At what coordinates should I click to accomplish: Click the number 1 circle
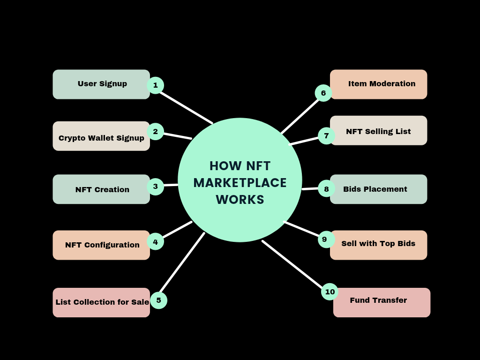click(155, 85)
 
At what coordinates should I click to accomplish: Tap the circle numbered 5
click(158, 300)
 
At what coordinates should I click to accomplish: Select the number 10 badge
click(330, 292)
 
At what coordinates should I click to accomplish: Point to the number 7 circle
click(326, 136)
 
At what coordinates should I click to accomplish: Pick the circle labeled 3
click(155, 187)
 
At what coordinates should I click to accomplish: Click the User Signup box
click(101, 84)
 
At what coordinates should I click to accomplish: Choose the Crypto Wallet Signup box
click(101, 136)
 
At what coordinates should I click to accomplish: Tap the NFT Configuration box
click(101, 245)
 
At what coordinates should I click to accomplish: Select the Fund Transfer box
click(382, 302)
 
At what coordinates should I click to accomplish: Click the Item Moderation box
click(379, 84)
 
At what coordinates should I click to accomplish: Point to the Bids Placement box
click(379, 189)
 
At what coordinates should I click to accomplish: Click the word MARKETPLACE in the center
click(240, 183)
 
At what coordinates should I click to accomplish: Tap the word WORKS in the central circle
click(240, 199)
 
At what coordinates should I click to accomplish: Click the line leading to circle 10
click(292, 263)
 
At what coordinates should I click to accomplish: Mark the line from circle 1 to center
click(186, 107)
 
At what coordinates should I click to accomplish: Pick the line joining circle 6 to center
click(300, 116)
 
